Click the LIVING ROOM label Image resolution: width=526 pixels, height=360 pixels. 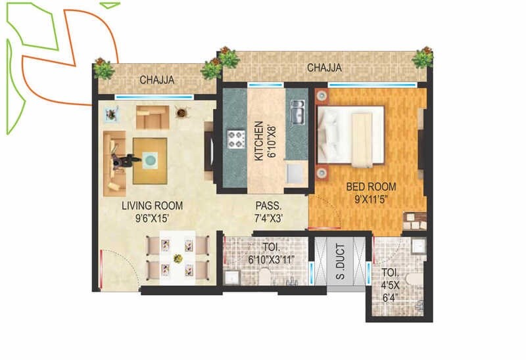click(152, 206)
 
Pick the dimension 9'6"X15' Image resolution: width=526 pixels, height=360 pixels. click(152, 218)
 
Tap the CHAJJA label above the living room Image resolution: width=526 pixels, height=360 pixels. click(156, 80)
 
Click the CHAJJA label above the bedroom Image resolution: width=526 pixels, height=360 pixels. click(324, 68)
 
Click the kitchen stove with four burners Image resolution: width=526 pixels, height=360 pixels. click(235, 139)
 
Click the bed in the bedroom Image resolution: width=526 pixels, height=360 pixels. click(350, 135)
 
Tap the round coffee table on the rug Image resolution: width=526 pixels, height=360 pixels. click(151, 160)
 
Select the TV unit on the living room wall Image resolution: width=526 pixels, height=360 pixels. click(210, 151)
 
